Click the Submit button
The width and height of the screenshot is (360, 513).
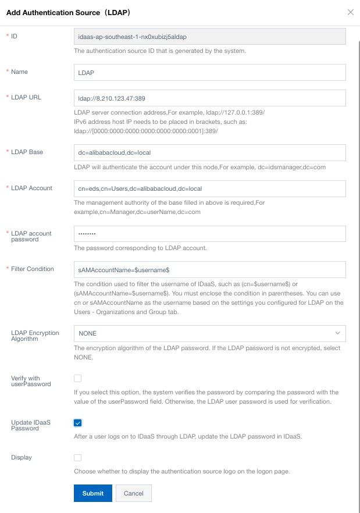(92, 493)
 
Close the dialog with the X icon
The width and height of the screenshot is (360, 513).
(350, 12)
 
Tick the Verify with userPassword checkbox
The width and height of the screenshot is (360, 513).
(78, 379)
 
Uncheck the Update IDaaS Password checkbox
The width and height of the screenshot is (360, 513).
(78, 423)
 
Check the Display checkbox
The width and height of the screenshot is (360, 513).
(78, 458)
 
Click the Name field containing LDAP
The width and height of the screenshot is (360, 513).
(209, 72)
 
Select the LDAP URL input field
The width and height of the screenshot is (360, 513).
(209, 98)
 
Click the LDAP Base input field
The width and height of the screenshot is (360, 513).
(209, 152)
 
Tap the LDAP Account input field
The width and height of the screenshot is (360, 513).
(209, 188)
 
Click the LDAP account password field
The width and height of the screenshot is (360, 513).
(209, 233)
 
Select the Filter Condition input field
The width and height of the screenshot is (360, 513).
(209, 270)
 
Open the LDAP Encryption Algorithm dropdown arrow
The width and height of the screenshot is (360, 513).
(337, 333)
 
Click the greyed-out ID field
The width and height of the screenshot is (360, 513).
(209, 37)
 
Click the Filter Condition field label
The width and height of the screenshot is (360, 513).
(33, 269)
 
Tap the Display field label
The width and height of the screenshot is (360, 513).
(22, 458)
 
